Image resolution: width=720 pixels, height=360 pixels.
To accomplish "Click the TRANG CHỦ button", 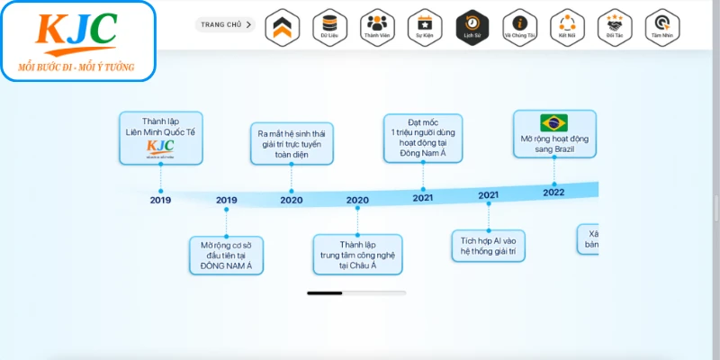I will [x=226, y=25].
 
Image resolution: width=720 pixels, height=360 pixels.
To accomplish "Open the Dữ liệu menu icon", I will [x=328, y=26].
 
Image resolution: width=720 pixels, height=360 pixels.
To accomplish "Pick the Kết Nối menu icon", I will [x=567, y=26].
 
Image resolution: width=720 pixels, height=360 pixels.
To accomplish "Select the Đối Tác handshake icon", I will [x=615, y=26].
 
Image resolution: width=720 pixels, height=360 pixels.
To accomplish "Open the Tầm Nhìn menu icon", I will [x=662, y=26].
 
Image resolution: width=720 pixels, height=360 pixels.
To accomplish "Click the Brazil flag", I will [x=553, y=123].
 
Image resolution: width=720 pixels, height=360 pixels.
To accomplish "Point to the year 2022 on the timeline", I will [x=553, y=191].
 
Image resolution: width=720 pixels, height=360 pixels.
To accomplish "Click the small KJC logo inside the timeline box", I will [x=160, y=148].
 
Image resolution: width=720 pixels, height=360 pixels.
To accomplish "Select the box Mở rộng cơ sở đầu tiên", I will [x=226, y=255].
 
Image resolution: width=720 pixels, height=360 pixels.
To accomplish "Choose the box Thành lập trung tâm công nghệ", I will [x=357, y=255].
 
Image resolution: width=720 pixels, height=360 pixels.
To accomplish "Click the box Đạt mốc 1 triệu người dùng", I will [x=423, y=138].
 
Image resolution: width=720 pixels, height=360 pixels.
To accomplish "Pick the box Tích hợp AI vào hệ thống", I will [x=488, y=246].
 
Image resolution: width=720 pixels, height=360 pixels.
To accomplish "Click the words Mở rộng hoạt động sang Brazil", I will [x=553, y=144].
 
